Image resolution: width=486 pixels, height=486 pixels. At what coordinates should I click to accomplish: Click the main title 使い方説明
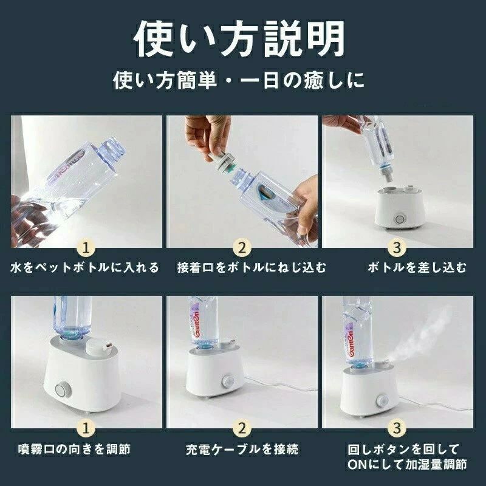point(239,39)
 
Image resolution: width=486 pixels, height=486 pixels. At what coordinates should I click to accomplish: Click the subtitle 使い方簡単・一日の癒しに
point(238,80)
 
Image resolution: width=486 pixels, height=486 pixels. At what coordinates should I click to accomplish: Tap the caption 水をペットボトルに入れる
point(84,267)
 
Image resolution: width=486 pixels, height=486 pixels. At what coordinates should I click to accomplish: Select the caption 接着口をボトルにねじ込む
point(252,267)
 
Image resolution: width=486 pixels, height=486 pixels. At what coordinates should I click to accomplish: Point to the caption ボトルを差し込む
point(417,267)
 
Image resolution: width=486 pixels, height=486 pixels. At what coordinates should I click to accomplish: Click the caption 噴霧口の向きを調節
point(74,449)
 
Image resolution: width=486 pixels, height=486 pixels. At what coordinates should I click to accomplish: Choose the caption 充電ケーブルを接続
point(242,449)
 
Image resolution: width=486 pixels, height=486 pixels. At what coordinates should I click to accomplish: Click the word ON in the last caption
point(357,464)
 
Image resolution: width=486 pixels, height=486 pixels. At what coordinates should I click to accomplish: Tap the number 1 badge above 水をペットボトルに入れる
point(86,248)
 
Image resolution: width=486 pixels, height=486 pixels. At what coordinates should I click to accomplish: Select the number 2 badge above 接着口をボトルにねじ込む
point(242,248)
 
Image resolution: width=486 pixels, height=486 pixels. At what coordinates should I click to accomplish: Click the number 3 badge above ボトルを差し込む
point(397,248)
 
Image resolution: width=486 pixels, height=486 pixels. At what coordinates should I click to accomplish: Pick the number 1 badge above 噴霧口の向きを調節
point(86,429)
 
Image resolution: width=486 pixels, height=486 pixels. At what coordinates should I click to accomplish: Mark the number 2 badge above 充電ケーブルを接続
point(242,429)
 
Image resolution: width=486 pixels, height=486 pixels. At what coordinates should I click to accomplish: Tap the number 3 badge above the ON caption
point(397,429)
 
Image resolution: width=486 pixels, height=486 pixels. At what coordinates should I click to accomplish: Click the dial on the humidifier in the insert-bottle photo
point(400,219)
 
